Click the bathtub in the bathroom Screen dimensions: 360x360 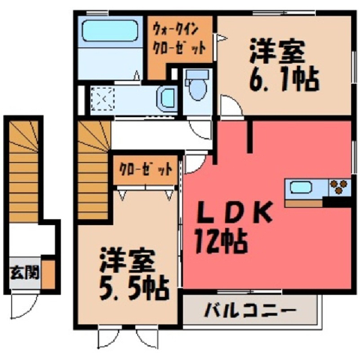click(x=110, y=31)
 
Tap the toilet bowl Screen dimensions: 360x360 click(x=198, y=85)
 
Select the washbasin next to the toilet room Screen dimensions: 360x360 click(x=167, y=99)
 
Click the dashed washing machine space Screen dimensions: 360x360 click(x=103, y=99)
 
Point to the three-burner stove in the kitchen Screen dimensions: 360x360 click(x=339, y=187)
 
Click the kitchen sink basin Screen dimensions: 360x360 click(x=301, y=187)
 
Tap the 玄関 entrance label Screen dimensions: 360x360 click(x=25, y=272)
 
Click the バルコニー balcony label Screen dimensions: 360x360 click(x=250, y=310)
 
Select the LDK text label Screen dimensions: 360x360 click(x=234, y=212)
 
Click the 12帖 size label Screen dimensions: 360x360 click(x=221, y=241)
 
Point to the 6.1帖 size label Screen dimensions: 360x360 click(x=284, y=79)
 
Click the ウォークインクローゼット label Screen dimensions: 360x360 click(x=179, y=39)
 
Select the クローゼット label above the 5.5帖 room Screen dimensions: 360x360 click(x=145, y=170)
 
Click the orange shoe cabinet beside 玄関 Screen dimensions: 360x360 click(x=48, y=274)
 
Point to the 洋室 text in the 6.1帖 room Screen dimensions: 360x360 click(x=277, y=51)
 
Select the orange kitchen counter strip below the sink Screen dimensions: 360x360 click(x=303, y=203)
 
